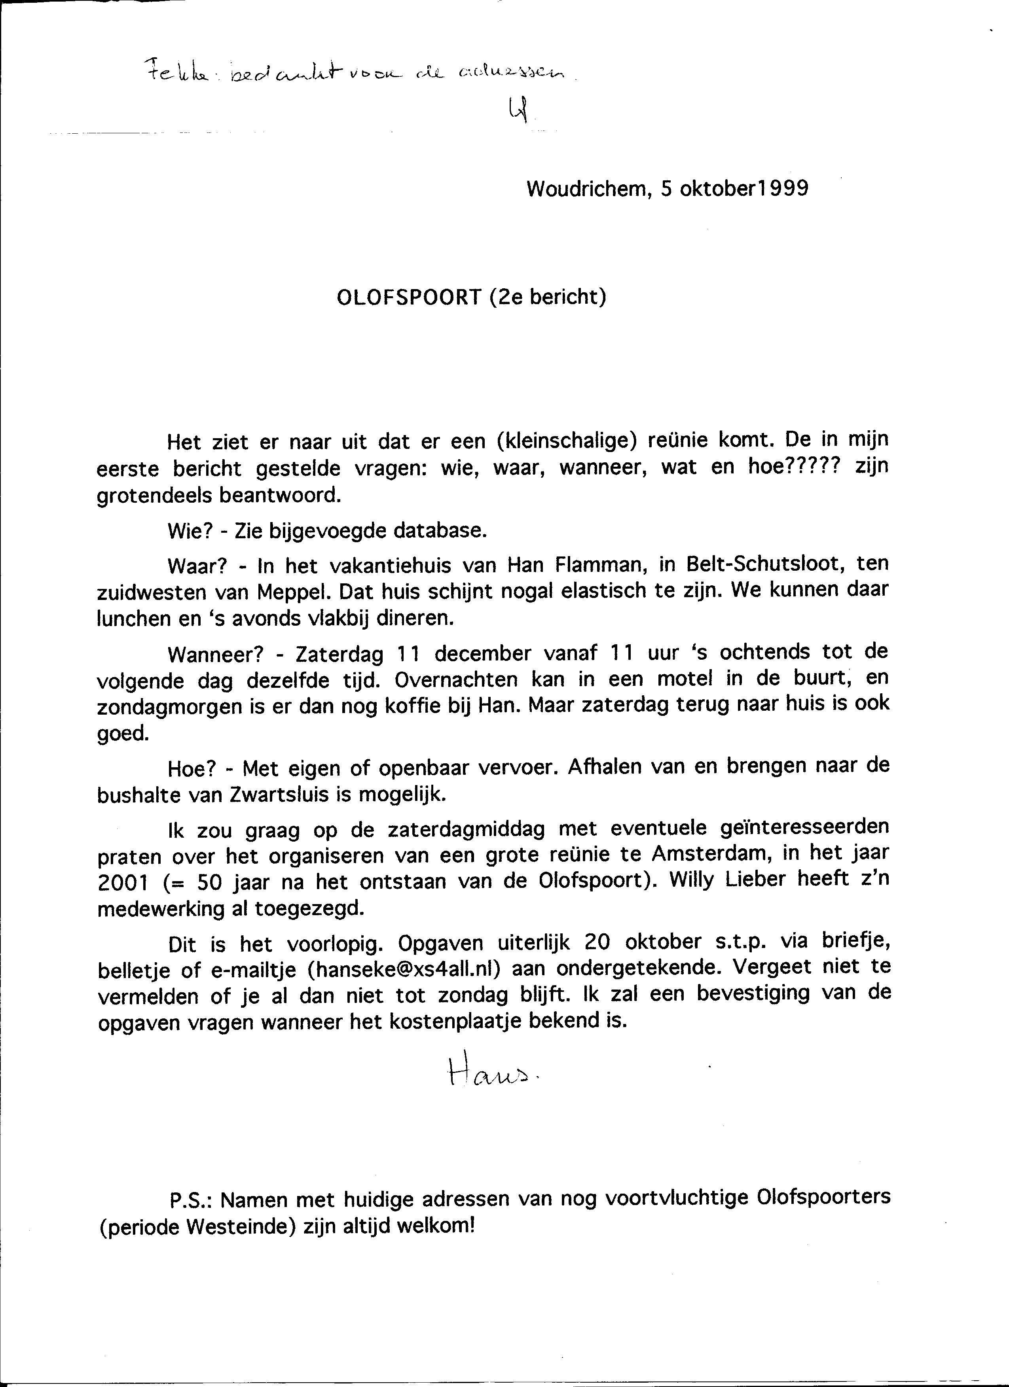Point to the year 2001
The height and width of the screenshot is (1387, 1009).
(x=121, y=881)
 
